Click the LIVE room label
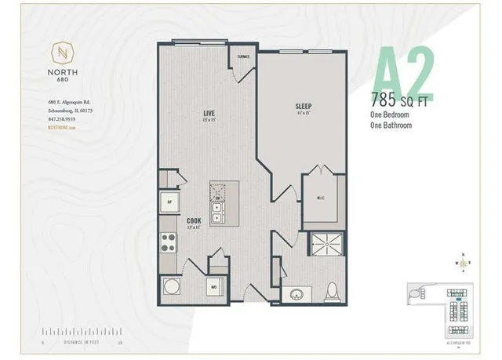pyautogui.click(x=209, y=114)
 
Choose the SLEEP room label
pyautogui.click(x=304, y=106)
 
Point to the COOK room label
pyautogui.click(x=193, y=221)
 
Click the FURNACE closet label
pyautogui.click(x=242, y=57)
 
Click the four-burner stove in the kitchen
pyautogui.click(x=168, y=242)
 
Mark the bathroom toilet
pyautogui.click(x=332, y=291)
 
